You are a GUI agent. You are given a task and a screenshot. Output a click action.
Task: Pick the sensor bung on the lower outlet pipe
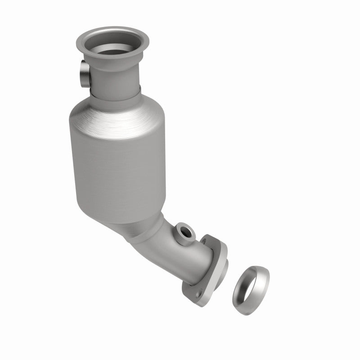(x=184, y=233)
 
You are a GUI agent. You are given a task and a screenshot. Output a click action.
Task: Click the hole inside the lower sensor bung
(x=185, y=232)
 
